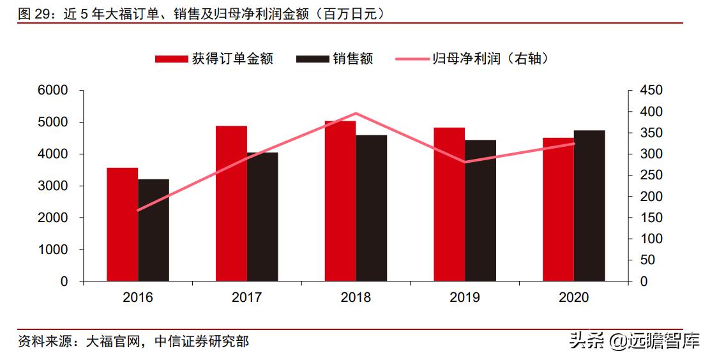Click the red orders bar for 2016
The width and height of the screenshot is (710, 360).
click(123, 224)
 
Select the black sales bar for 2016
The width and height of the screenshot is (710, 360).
click(154, 230)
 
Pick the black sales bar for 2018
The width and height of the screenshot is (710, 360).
click(372, 208)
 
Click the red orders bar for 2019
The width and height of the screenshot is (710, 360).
click(449, 204)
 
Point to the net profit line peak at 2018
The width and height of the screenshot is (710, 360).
click(356, 114)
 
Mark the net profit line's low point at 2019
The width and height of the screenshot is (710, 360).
click(465, 162)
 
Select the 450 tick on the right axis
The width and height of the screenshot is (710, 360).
click(651, 91)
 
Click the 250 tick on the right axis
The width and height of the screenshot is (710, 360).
click(651, 176)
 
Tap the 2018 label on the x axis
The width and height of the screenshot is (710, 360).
click(356, 298)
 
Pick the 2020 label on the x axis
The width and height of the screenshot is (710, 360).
click(574, 298)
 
